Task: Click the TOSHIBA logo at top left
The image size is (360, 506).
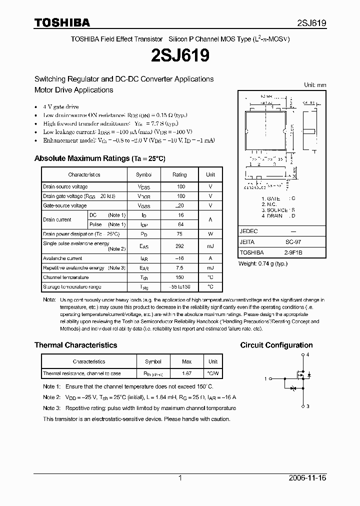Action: click(62, 22)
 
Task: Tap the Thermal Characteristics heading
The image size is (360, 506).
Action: click(75, 345)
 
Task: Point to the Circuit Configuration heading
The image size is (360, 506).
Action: click(276, 345)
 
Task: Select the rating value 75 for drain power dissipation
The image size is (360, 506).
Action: click(181, 233)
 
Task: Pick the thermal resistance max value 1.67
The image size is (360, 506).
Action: click(186, 373)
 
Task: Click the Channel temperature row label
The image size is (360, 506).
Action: click(65, 277)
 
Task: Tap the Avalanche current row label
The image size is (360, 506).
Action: click(62, 258)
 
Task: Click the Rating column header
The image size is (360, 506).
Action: click(179, 174)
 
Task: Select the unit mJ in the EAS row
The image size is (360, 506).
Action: click(210, 246)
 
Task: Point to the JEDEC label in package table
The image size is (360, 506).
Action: click(248, 231)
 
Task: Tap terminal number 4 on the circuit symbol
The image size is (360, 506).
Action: click(307, 354)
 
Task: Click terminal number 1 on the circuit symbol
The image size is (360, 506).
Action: click(265, 379)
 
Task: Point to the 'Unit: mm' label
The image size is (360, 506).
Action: click(315, 85)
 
